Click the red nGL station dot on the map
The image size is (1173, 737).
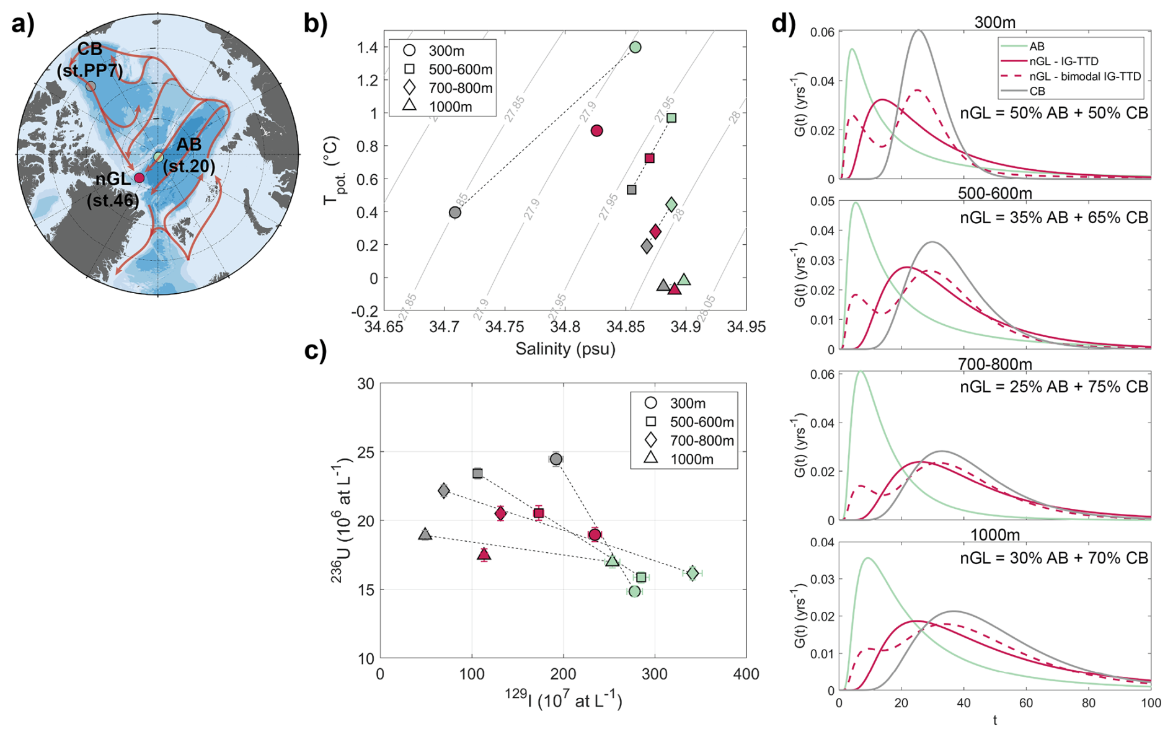[139, 178]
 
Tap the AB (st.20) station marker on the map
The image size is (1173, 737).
[159, 157]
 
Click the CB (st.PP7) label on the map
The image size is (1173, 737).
[90, 60]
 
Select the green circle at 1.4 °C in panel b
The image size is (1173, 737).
[635, 47]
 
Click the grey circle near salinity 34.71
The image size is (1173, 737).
[455, 213]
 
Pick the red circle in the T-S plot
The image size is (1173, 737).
[597, 131]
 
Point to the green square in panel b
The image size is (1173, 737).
[671, 118]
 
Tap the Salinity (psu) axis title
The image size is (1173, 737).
[565, 349]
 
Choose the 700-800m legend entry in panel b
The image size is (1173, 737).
[460, 88]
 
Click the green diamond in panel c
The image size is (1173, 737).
[693, 573]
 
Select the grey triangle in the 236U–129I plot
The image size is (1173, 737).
[425, 534]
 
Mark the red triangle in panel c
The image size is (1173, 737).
[484, 554]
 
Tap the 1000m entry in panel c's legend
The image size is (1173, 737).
[691, 459]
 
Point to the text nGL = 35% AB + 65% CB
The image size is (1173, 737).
[1053, 218]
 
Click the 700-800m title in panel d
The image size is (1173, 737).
[994, 364]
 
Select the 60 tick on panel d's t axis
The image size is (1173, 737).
[1026, 703]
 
